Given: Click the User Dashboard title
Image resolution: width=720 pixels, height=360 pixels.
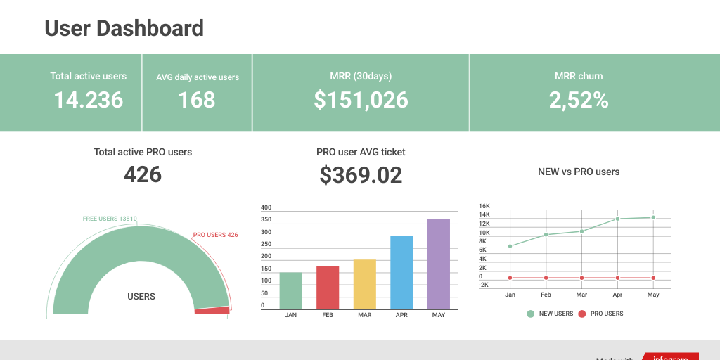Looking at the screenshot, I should (124, 28).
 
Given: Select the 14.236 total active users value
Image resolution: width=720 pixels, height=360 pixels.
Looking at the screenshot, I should (89, 100).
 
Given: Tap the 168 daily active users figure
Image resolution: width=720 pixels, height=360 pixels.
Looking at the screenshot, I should (197, 100).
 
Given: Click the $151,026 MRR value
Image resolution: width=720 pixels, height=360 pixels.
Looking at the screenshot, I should (361, 100).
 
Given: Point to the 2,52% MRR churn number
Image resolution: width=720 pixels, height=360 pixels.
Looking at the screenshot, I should (579, 100).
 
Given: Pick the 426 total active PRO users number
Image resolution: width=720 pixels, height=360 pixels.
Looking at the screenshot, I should (143, 174).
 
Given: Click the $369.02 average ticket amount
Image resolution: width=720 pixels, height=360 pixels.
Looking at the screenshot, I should (361, 174).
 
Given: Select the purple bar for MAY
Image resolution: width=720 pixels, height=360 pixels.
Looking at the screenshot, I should (439, 264).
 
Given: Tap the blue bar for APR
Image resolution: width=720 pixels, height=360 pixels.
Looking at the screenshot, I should (401, 273).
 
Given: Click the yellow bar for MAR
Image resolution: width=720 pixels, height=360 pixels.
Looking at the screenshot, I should (364, 285).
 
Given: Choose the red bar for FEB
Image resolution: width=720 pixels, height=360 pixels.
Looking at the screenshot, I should (328, 288).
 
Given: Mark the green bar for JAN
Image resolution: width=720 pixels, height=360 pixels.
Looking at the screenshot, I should (290, 291).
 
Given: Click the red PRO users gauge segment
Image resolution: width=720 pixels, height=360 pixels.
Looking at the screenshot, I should (212, 310).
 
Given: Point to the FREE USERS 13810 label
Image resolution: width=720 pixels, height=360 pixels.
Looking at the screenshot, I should (110, 219).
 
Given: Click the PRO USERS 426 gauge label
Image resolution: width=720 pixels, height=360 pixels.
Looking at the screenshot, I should (215, 235).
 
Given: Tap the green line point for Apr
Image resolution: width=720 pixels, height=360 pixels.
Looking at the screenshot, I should (617, 219).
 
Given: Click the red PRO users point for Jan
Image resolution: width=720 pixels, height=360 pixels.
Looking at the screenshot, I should (510, 278).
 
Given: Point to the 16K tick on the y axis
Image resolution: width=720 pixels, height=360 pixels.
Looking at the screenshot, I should (484, 206).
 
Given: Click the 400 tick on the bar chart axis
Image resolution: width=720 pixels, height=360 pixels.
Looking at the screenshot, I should (266, 207).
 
